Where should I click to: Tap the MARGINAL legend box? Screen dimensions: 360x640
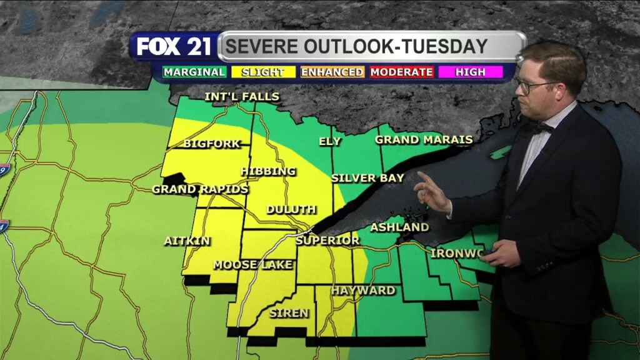pos(194,72)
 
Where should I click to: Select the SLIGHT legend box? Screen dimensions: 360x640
pos(262,72)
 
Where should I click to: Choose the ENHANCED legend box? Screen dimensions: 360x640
pos(332,72)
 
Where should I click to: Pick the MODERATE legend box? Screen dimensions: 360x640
pos(401,72)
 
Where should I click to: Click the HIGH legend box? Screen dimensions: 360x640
pos(470,72)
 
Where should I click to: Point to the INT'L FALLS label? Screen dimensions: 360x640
pos(242,97)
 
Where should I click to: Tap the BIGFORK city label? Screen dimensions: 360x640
pos(212,144)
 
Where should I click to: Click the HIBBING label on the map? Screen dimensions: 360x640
pos(267,171)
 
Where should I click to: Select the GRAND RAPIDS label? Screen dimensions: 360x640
pos(200,189)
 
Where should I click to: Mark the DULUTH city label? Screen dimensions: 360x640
pos(291,209)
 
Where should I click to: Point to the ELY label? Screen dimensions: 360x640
pos(330,141)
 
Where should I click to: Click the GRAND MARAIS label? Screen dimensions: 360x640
pos(423,139)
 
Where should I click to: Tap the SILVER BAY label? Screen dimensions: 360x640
pos(367,177)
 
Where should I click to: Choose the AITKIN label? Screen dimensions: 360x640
pos(187,241)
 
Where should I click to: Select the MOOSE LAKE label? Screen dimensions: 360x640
pos(252,265)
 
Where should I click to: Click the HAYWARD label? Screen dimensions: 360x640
pos(363,291)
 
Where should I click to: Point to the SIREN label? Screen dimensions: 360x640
pos(288,313)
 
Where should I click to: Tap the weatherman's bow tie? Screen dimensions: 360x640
pos(541,127)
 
